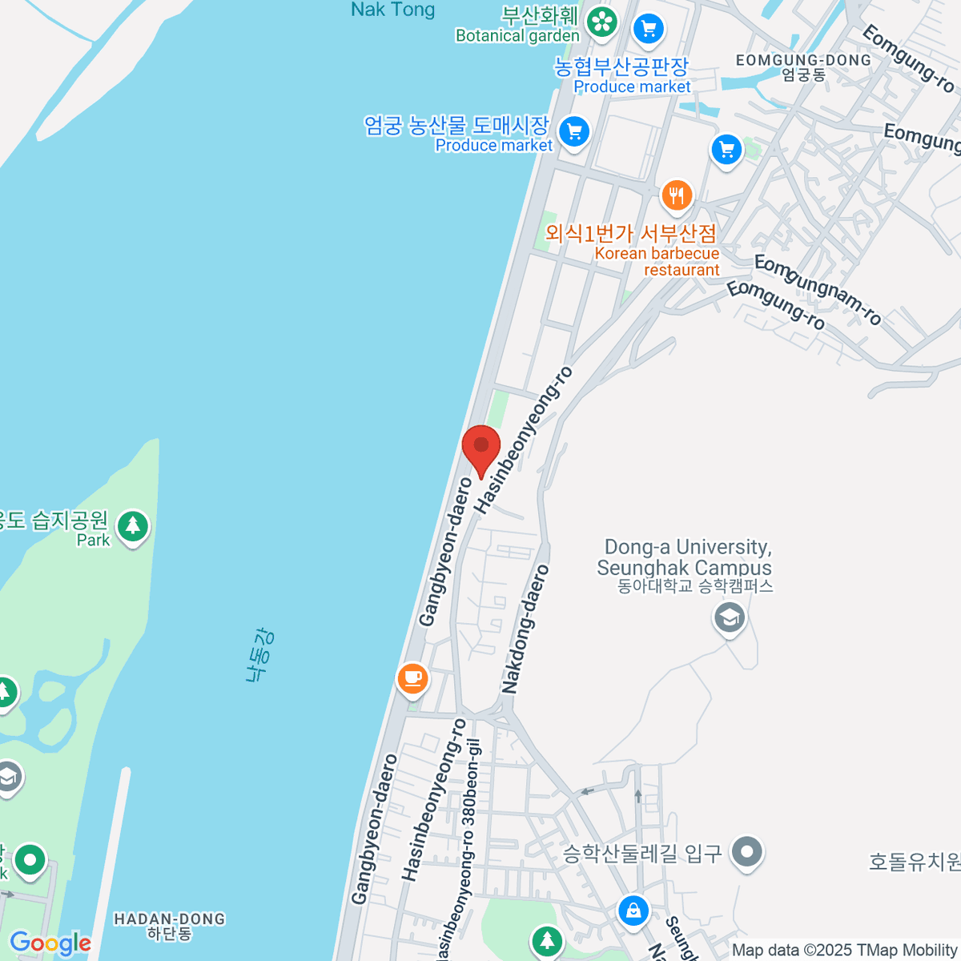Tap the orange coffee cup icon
pos(412,678)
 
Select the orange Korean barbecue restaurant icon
pos(677,195)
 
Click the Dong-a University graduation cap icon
pos(730,617)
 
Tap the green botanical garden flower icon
pos(601,22)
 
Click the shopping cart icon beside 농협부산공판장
pos(649,30)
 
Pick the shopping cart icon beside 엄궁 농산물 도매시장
pos(573,131)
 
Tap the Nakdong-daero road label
pos(525,629)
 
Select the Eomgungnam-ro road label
pos(818,289)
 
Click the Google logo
pos(50,943)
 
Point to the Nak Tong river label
pos(392,10)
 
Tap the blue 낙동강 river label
pos(259,656)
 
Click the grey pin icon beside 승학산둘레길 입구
pos(747,852)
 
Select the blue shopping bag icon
pos(633,911)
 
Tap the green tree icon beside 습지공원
pos(133,527)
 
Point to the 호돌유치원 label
pos(915,862)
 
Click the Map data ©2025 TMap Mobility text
pos(845,950)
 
